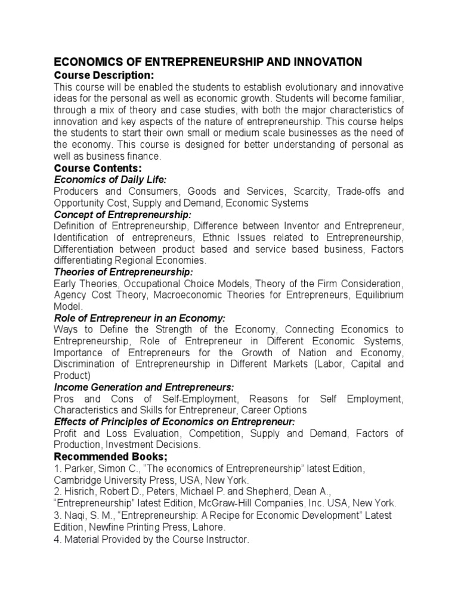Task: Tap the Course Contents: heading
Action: (x=98, y=169)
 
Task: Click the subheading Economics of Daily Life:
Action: (x=110, y=180)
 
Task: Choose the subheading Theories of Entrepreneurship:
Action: (x=122, y=272)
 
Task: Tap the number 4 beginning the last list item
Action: (x=57, y=540)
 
